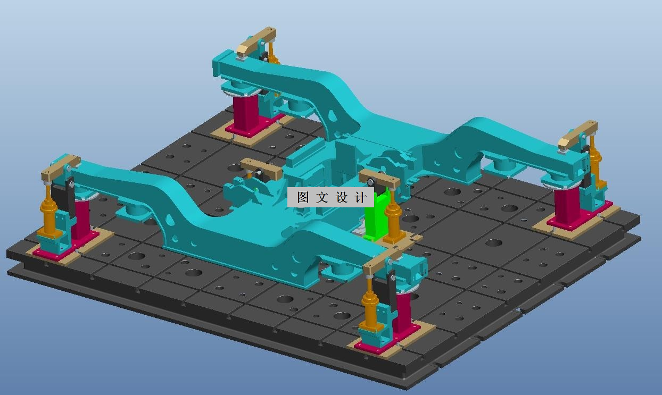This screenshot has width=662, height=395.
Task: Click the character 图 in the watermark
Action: pyautogui.click(x=303, y=198)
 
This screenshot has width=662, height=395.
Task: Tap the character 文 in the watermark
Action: pyautogui.click(x=322, y=198)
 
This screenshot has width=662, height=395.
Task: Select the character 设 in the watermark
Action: pyautogui.click(x=341, y=198)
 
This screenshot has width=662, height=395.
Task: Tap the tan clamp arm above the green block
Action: pyautogui.click(x=379, y=179)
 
